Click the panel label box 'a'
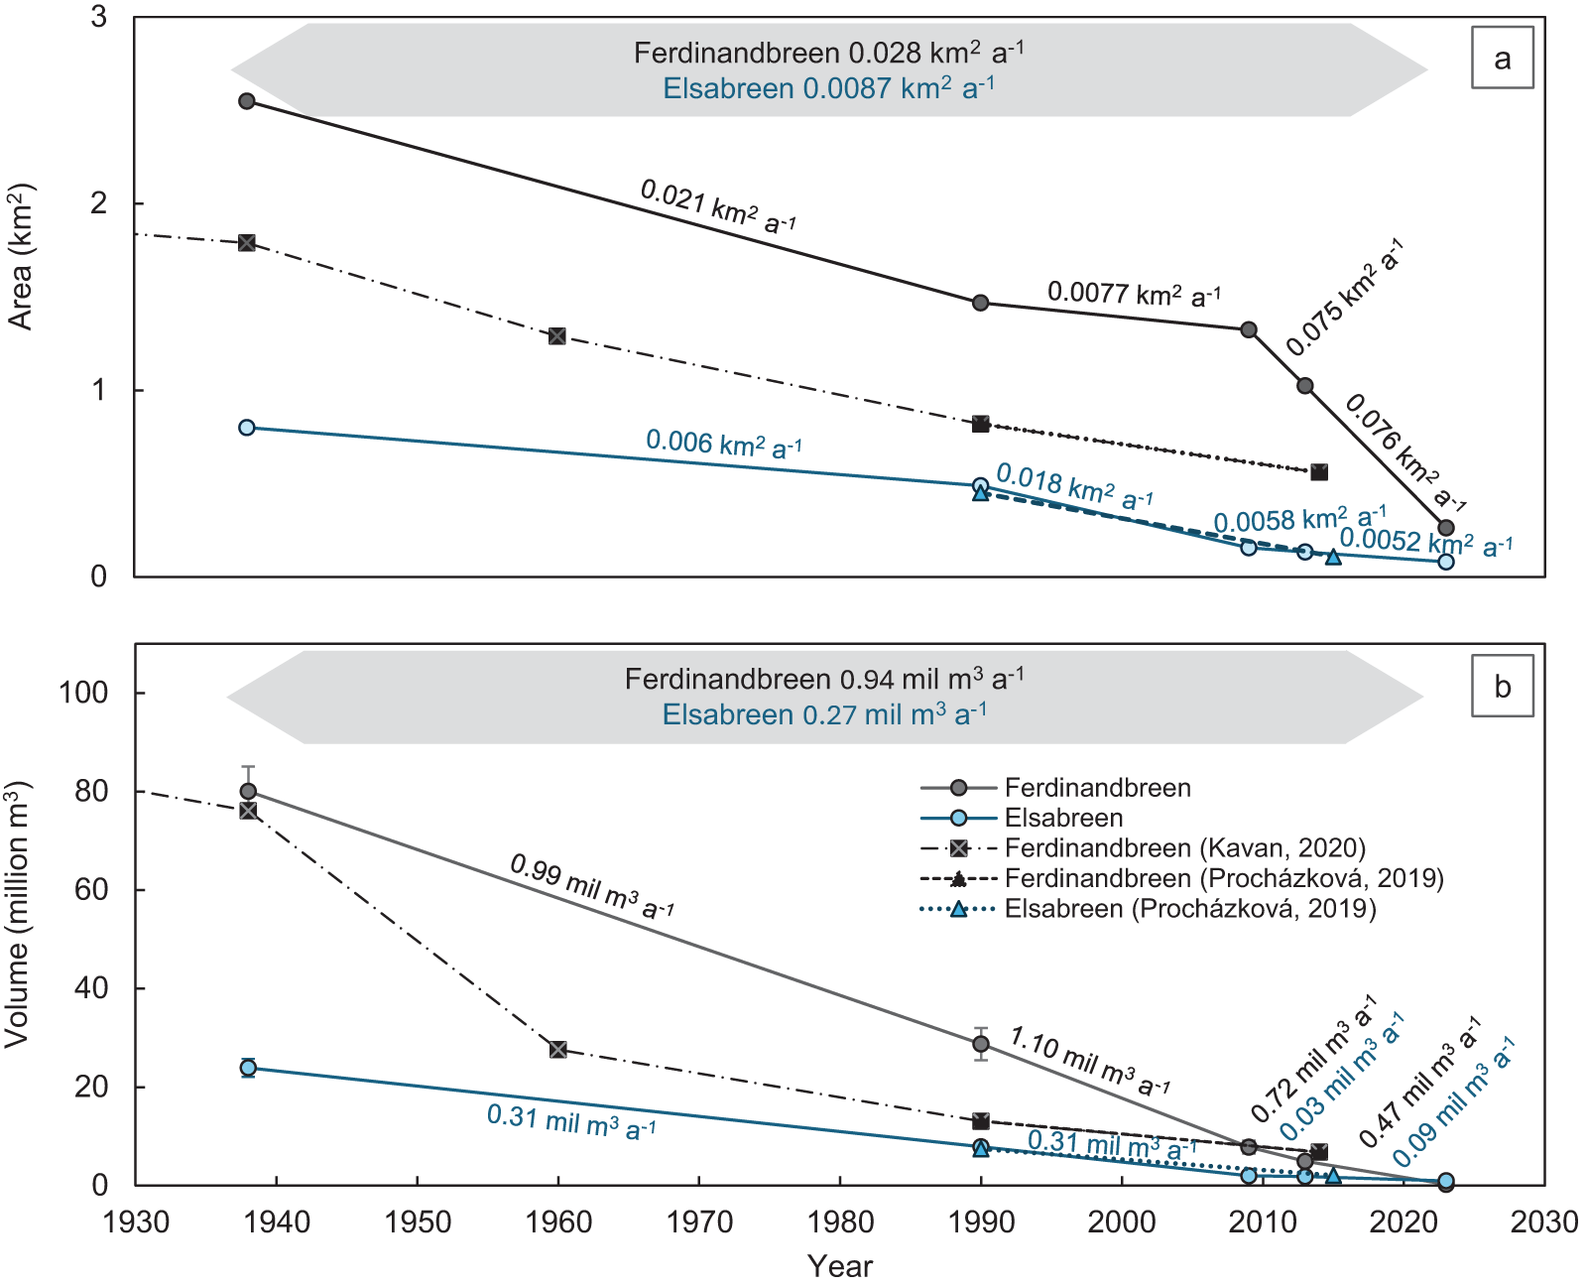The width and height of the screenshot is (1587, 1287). (x=1502, y=58)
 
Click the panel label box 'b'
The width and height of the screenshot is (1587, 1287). (x=1502, y=686)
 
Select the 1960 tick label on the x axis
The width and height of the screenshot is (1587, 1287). (x=558, y=1222)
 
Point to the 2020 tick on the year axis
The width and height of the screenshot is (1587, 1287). (x=1404, y=1222)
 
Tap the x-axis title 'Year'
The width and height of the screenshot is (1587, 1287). (x=839, y=1266)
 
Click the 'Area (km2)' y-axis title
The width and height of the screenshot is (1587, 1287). (x=22, y=256)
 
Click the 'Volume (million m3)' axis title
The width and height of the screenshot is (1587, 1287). (x=18, y=914)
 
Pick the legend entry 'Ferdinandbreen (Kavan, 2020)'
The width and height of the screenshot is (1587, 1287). (x=1184, y=848)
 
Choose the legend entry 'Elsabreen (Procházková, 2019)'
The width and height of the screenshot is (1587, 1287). (x=1189, y=909)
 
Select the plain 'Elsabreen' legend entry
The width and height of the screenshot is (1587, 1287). (x=1063, y=818)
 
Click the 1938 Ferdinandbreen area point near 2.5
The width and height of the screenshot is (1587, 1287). (x=247, y=101)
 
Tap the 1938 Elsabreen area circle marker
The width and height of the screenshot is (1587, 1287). (x=247, y=428)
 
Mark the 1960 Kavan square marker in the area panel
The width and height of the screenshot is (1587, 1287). (x=557, y=336)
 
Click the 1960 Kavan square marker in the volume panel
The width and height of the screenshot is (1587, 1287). (x=558, y=1050)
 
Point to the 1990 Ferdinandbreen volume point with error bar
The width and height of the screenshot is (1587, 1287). (x=981, y=1044)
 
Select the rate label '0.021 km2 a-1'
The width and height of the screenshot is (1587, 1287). (x=718, y=205)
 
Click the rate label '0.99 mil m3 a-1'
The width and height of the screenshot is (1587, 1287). (x=592, y=885)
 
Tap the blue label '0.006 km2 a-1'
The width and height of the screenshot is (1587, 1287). (x=724, y=444)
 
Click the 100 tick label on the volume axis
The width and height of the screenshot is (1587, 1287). (x=84, y=693)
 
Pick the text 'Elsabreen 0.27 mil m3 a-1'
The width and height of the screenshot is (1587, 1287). (x=824, y=714)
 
